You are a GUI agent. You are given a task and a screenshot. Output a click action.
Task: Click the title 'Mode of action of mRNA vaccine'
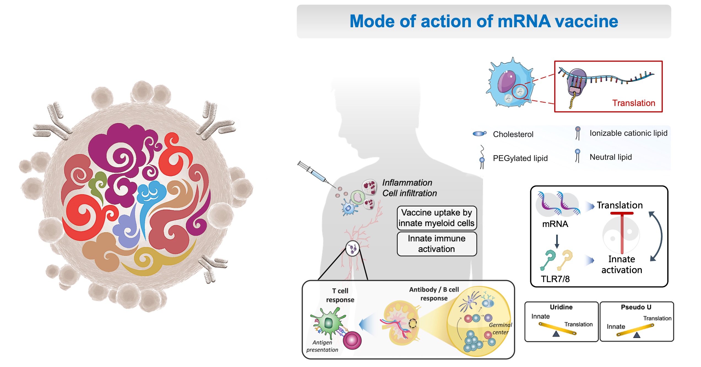[x=483, y=21]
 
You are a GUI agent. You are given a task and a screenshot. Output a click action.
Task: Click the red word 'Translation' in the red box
[x=633, y=103]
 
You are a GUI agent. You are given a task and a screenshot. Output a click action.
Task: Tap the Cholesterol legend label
[x=513, y=134]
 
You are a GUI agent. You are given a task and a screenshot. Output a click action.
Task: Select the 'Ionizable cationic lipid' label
[x=628, y=133]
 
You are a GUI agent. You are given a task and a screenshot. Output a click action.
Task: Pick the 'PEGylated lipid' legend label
[x=520, y=158]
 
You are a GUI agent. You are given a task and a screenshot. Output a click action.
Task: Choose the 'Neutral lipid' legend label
[x=610, y=157]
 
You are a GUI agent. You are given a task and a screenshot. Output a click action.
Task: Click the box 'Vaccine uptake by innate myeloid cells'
[x=436, y=218]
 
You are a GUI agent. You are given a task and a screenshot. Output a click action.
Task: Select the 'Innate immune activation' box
[x=436, y=244]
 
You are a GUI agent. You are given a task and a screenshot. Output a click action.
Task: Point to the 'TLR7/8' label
[x=555, y=279]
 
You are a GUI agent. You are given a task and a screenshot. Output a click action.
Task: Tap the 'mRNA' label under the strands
[x=555, y=224]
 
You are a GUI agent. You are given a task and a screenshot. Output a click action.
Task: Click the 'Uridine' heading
[x=561, y=307]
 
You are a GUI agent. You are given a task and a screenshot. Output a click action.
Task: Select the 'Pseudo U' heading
[x=636, y=307]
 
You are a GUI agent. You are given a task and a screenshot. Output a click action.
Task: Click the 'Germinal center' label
[x=500, y=328]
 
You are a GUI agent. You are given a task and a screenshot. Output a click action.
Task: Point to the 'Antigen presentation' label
[x=322, y=346]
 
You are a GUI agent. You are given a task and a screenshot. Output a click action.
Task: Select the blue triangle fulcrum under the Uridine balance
[x=556, y=334]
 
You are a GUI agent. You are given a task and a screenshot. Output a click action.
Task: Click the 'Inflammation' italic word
[x=407, y=183]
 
